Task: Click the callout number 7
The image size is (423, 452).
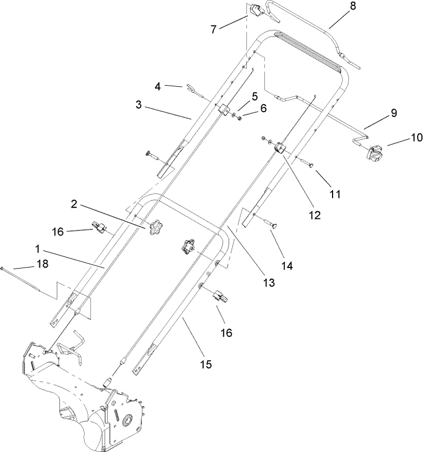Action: click(x=213, y=29)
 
